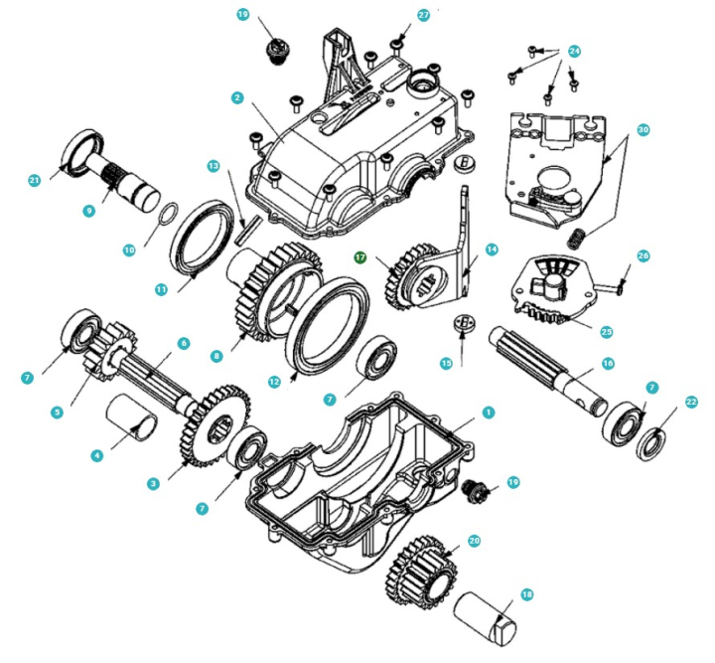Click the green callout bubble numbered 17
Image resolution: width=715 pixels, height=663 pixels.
(362, 256)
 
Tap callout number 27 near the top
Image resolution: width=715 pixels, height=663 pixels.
(424, 16)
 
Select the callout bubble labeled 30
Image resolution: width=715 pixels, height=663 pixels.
(643, 130)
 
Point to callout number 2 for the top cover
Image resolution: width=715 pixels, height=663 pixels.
(236, 98)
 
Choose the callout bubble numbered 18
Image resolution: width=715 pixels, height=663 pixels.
(527, 594)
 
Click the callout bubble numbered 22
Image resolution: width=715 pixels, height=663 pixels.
(691, 402)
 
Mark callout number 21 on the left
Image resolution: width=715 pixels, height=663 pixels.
(35, 180)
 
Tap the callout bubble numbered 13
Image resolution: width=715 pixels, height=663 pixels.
(213, 164)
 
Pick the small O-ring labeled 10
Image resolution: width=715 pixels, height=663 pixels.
(170, 214)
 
